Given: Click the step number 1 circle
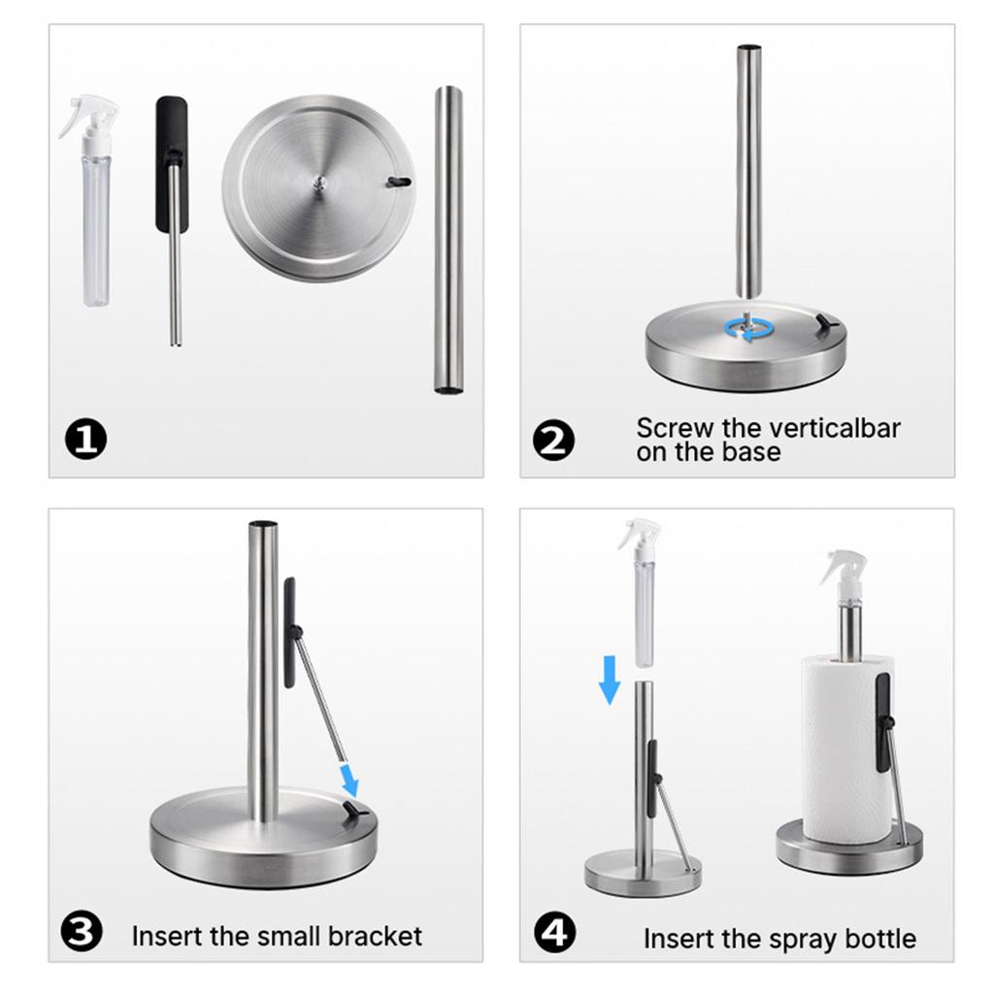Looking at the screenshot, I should (86, 441).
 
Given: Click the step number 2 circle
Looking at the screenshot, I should (554, 441).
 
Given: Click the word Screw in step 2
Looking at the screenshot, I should (669, 427).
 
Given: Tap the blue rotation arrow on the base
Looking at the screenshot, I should (745, 328).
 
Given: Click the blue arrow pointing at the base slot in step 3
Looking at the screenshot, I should (348, 778).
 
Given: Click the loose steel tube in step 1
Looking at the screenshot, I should (447, 239).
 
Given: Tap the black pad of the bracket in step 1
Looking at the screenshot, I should (172, 162).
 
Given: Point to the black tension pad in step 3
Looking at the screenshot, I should (289, 632).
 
